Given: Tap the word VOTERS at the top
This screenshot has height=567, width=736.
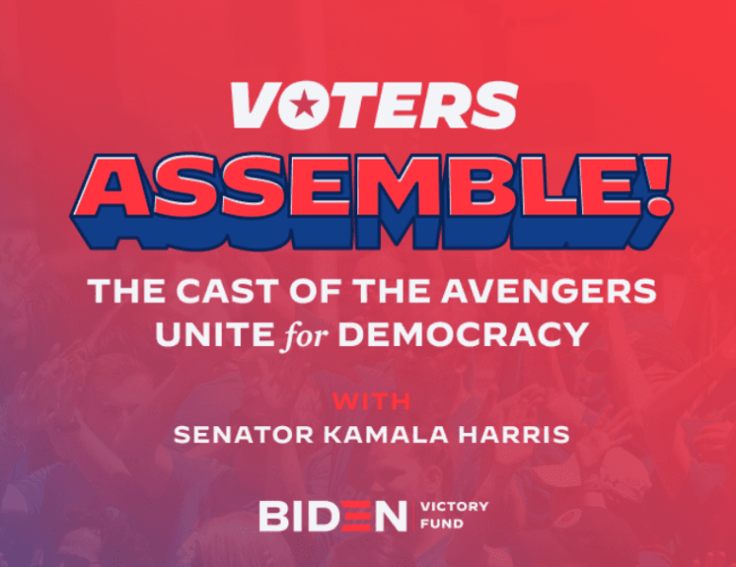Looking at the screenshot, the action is click(374, 105).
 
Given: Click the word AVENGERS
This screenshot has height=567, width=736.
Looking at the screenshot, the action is click(548, 291).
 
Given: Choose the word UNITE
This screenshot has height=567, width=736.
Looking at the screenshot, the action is click(214, 334).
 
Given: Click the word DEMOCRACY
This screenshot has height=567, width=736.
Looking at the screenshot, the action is click(463, 334).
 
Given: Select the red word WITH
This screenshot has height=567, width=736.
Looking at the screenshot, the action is click(371, 402).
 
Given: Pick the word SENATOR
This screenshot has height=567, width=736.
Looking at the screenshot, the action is click(244, 435).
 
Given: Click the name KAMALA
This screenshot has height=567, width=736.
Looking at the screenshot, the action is click(385, 435).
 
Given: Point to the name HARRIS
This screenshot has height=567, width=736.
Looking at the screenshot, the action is click(514, 435).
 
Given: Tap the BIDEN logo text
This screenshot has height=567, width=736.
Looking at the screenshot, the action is click(333, 516).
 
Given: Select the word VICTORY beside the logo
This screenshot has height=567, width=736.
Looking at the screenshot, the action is click(454, 507).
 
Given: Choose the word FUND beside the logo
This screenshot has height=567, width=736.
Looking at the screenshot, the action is click(441, 524).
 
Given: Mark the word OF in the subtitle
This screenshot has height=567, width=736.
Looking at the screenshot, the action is click(315, 291).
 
